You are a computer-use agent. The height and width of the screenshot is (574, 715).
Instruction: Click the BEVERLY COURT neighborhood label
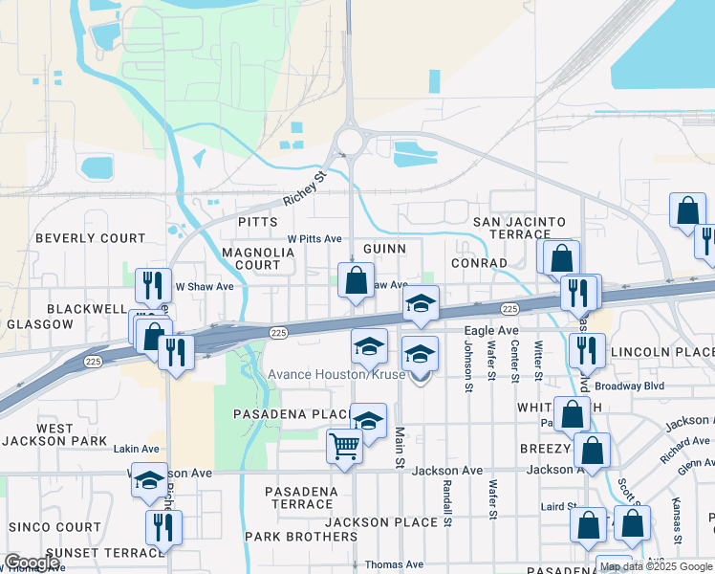[x=91, y=238]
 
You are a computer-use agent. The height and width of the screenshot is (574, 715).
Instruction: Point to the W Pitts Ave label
[x=314, y=238]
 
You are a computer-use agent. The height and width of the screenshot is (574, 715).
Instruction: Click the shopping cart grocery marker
[x=344, y=444]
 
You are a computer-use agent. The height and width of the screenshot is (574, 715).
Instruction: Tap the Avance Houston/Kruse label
[x=336, y=374]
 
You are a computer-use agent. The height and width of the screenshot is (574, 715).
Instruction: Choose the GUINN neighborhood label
[x=385, y=249]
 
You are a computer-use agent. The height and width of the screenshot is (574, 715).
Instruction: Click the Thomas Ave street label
[x=393, y=564]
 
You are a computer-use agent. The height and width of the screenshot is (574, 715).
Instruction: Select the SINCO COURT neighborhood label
[x=54, y=527]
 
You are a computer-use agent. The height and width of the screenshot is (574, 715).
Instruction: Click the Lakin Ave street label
[x=136, y=448]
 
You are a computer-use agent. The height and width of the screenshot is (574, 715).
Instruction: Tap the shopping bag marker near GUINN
[x=356, y=280]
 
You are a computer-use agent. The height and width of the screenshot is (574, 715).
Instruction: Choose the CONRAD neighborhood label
[x=480, y=263]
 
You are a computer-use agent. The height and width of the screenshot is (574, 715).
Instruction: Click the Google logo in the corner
[x=32, y=563]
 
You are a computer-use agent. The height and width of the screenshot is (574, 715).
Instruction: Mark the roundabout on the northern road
[x=349, y=143]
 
